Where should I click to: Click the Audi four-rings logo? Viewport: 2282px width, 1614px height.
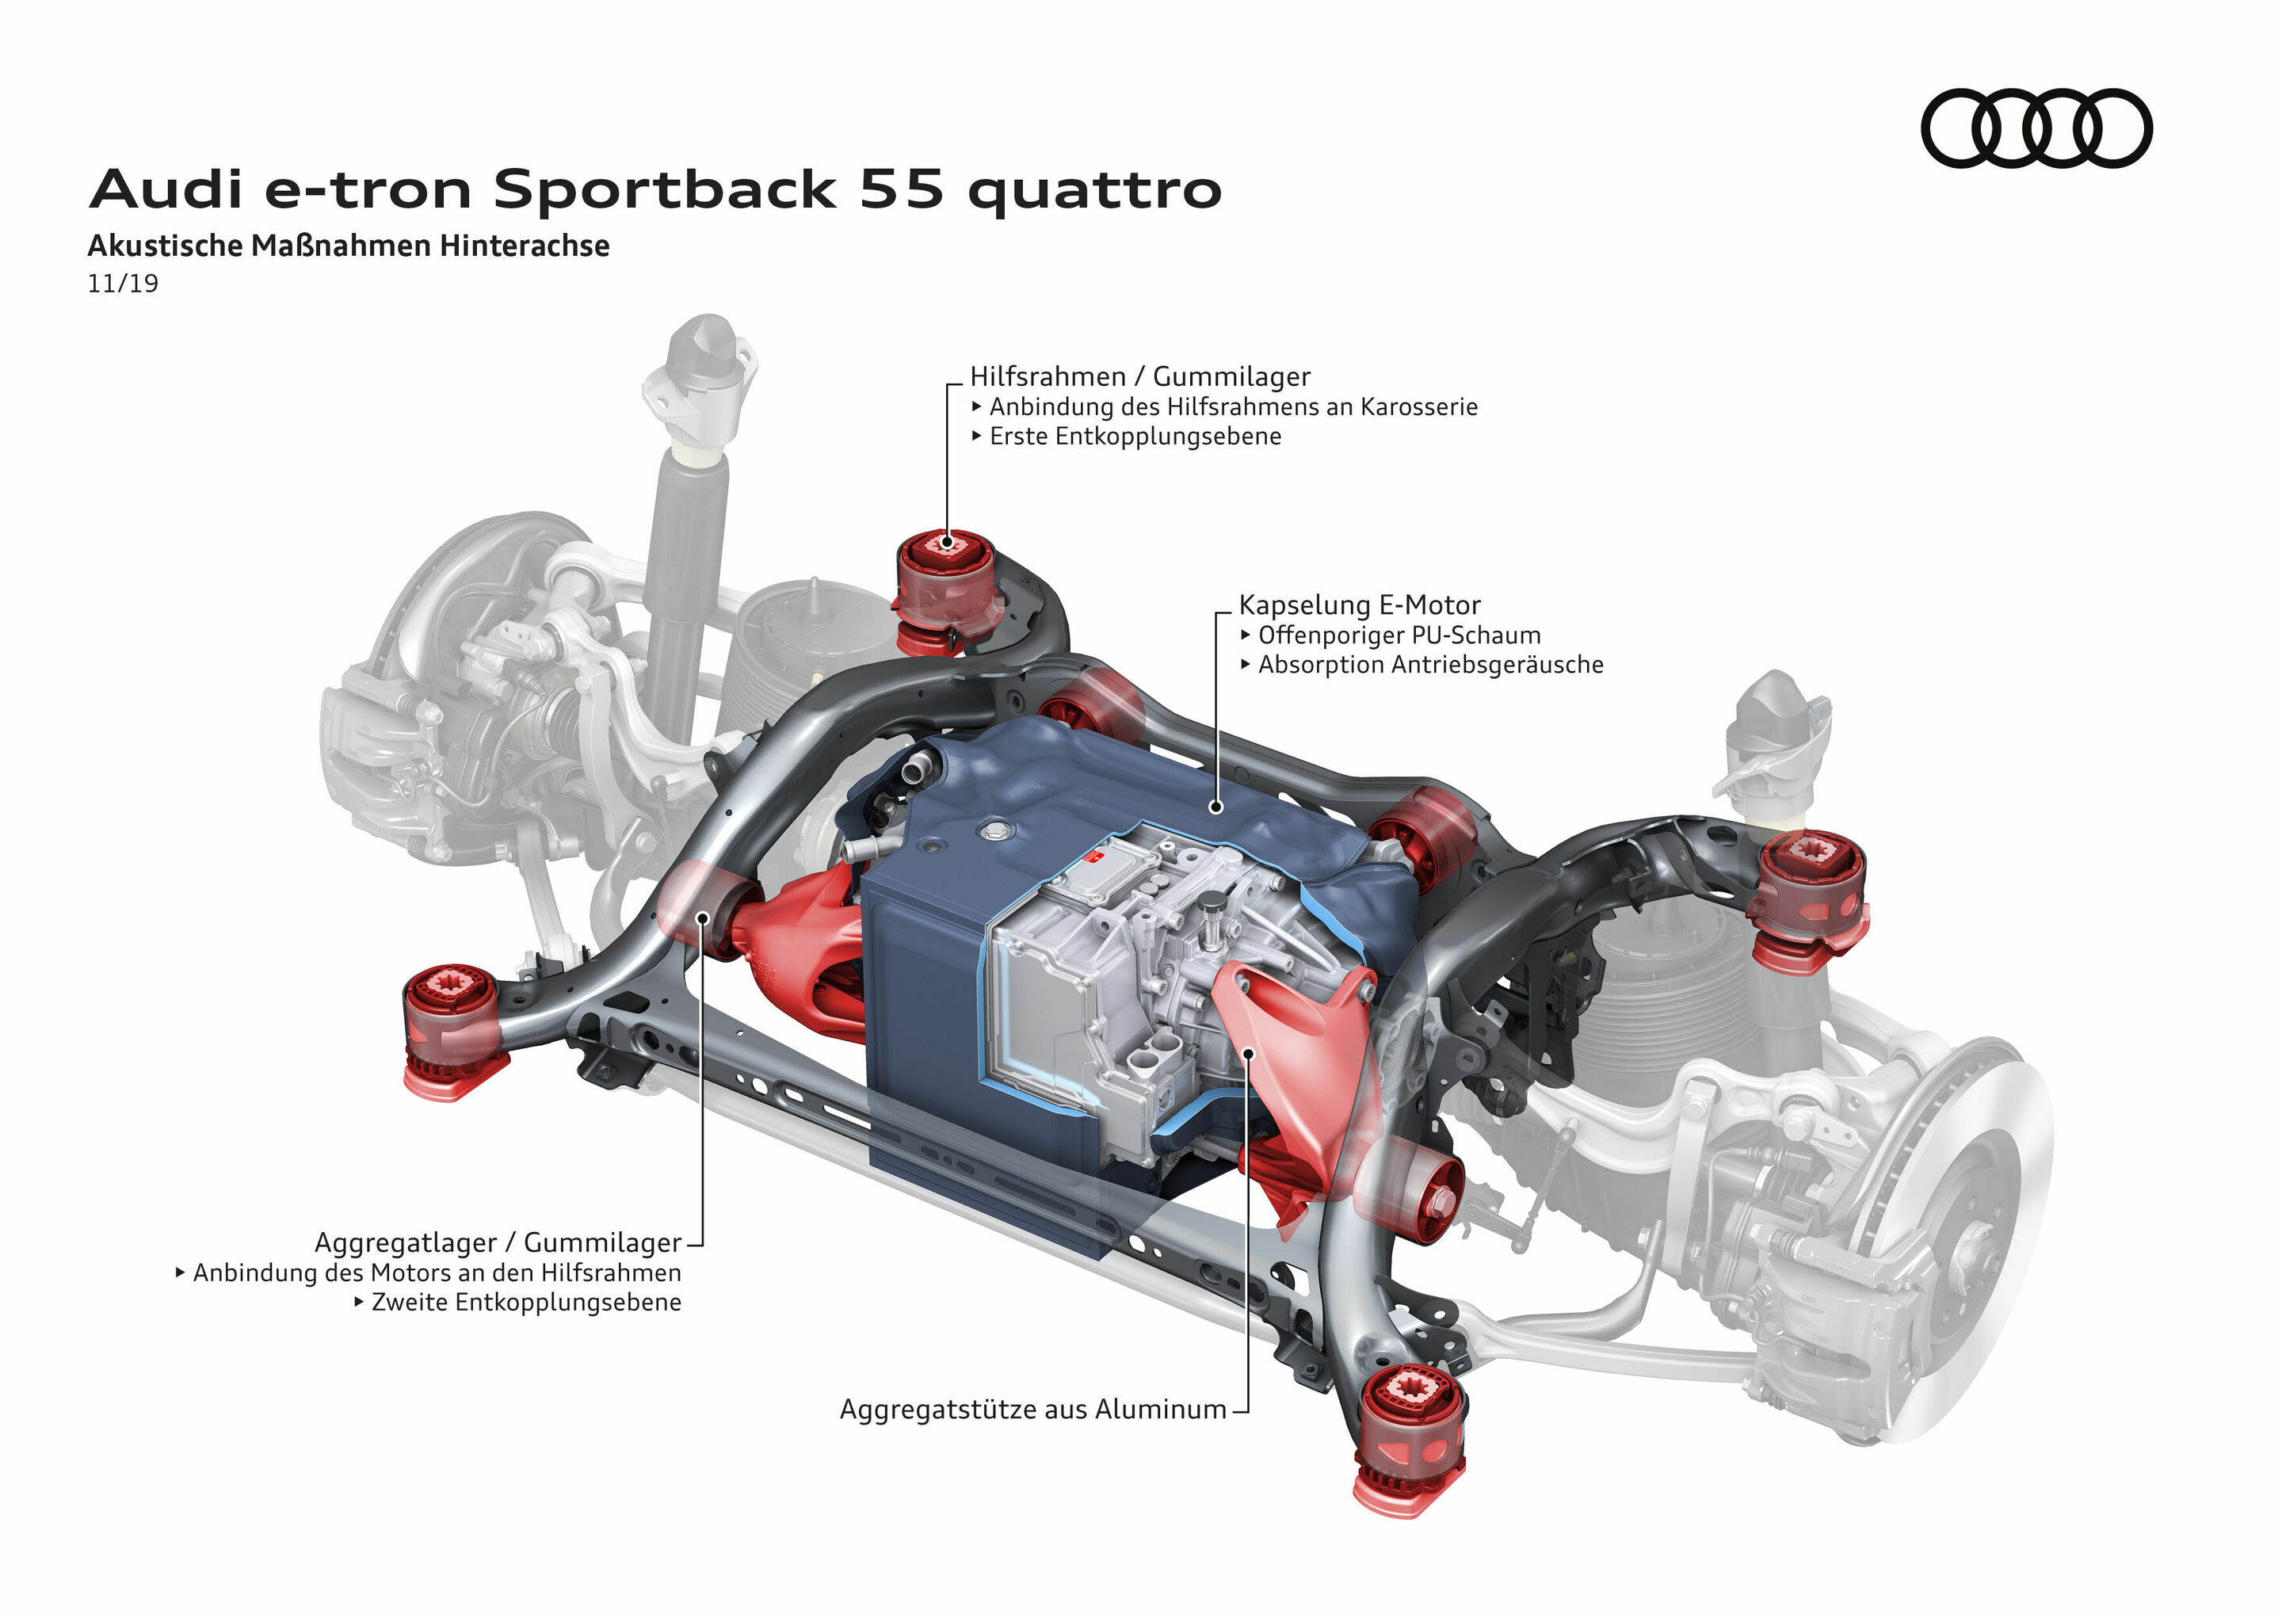[2036, 128]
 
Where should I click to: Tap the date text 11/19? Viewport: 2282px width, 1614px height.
[122, 283]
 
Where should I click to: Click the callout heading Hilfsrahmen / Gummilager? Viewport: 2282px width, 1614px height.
[1139, 376]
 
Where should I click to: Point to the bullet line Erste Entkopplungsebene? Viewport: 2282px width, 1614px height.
[1134, 437]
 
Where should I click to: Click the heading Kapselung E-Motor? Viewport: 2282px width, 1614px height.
[1359, 605]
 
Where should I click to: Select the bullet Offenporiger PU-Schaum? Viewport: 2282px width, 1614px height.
[1399, 635]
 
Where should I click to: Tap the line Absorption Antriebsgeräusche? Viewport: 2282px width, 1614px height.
[1429, 665]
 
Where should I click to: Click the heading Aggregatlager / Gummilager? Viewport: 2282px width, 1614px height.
[497, 1242]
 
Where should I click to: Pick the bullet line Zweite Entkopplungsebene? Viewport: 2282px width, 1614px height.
[526, 1302]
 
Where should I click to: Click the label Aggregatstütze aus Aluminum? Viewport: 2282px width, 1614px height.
[1032, 1410]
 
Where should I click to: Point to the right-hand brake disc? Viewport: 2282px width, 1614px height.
[1948, 1242]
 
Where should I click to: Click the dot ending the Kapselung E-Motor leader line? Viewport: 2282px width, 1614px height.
[1215, 807]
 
